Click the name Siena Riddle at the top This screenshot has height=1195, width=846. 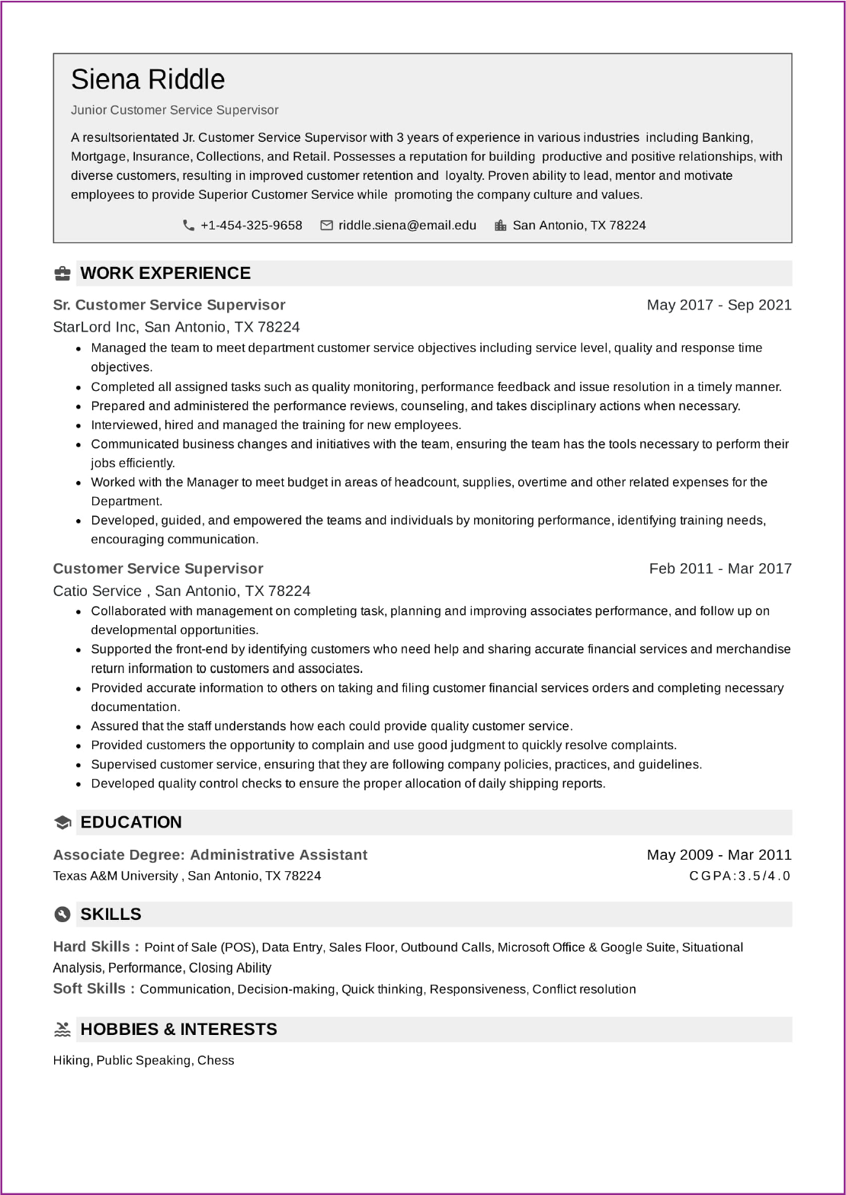148,80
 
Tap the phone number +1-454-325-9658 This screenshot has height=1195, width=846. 251,226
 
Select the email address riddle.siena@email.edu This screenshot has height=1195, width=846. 407,226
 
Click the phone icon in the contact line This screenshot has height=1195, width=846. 188,226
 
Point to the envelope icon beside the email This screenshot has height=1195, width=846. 327,226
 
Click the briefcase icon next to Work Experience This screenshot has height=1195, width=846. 62,274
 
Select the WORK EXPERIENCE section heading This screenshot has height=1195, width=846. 165,274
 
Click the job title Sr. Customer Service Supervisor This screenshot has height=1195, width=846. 169,305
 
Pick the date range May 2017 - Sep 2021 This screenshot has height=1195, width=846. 719,305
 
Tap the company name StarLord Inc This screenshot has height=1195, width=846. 95,327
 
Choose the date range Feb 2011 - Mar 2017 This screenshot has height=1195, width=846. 720,569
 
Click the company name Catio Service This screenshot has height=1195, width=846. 98,591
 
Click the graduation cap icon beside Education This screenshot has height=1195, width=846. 62,822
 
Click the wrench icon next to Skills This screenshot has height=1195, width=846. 62,915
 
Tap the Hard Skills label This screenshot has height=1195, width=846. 96,947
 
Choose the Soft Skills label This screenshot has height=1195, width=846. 94,989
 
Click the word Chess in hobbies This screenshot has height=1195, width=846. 216,1060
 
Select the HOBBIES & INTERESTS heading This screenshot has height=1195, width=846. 178,1030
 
